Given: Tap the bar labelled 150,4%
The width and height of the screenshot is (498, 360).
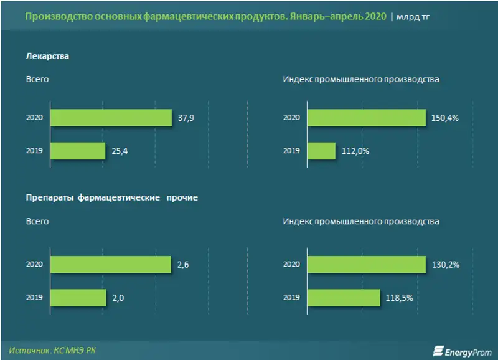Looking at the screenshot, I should [366, 117].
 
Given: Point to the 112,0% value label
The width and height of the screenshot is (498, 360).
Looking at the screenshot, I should [354, 151].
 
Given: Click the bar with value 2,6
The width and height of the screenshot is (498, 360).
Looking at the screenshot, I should [111, 265].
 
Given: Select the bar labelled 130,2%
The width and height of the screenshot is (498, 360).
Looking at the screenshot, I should [366, 265].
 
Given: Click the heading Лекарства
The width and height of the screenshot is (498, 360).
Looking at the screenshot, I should [47, 56].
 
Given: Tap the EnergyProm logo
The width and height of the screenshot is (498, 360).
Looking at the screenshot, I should [459, 350].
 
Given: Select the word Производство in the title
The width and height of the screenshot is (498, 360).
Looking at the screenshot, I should [55, 16].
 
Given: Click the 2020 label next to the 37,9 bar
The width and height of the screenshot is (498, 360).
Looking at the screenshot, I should [34, 117].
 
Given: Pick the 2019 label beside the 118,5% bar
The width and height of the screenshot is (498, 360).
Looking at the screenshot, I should [291, 298].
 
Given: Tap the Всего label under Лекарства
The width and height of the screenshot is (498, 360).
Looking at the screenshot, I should [37, 80].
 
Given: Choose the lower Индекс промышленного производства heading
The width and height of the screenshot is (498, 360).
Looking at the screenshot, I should [361, 222].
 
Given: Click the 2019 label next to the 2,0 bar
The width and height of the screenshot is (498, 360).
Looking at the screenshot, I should [34, 298].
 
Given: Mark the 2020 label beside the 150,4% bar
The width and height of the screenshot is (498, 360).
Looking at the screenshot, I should [291, 117].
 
